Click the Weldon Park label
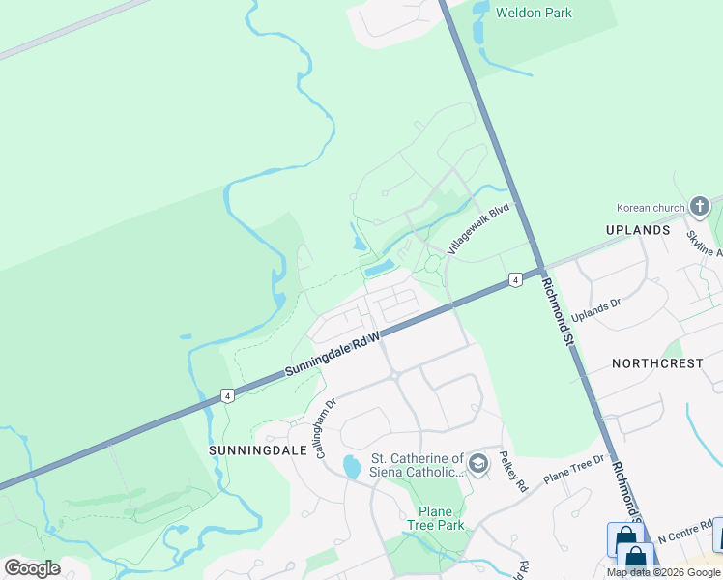534,14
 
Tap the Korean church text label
650,208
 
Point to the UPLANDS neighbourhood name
638,231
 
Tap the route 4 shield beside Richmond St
515,280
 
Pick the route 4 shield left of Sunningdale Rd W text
226,395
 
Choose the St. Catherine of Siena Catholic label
418,465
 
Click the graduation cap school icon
477,466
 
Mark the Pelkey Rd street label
513,471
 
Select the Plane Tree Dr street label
574,470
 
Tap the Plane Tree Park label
441,518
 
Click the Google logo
32,568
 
